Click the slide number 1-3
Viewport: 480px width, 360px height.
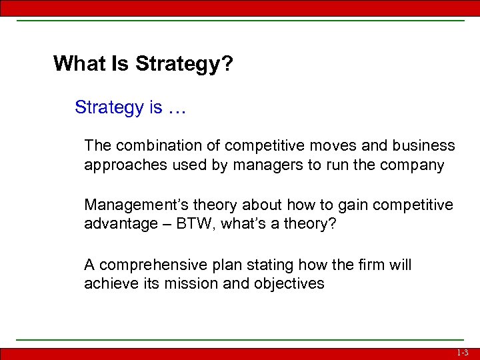point(463,353)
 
